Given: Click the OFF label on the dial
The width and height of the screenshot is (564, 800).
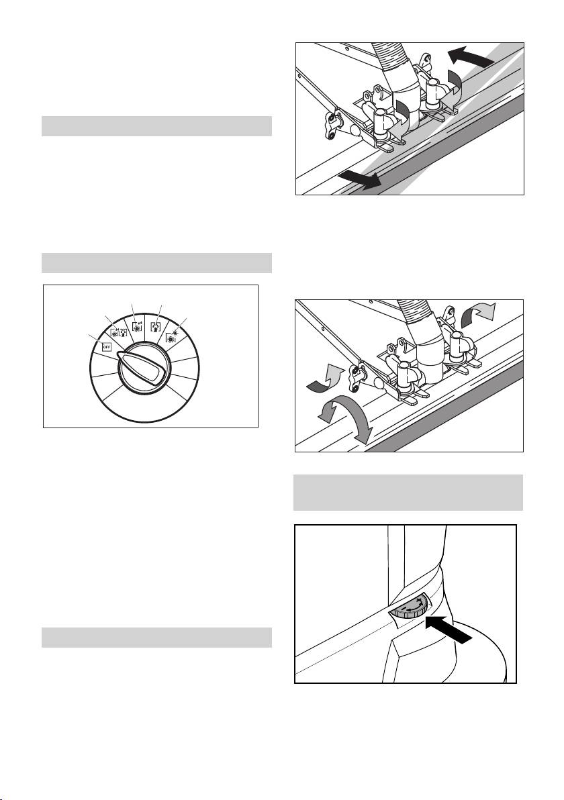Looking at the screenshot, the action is click(x=107, y=347).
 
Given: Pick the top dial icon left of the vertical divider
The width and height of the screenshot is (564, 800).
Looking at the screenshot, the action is click(x=138, y=326).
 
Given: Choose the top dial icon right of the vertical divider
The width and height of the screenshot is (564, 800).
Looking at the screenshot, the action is click(x=156, y=326).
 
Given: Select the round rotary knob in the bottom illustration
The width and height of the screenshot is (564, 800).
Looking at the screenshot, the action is click(x=408, y=607).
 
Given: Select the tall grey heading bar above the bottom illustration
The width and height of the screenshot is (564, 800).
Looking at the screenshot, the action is click(x=408, y=493).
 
